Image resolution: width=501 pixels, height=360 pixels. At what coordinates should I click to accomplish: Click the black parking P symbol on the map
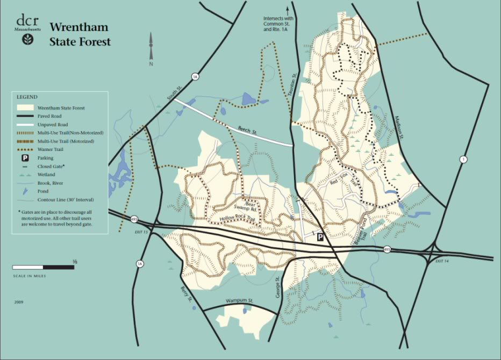point(320,237)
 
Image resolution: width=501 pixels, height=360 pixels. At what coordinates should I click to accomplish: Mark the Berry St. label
point(187,294)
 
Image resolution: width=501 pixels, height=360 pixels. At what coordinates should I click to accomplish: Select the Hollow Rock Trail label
point(235,219)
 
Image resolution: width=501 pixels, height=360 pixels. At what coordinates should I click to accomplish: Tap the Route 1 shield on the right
point(463,160)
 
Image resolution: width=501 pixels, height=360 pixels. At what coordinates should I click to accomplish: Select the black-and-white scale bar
point(44,267)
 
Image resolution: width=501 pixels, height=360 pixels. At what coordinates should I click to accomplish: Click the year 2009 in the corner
point(19,302)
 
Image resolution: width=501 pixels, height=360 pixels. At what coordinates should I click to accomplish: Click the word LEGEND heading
point(27,97)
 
